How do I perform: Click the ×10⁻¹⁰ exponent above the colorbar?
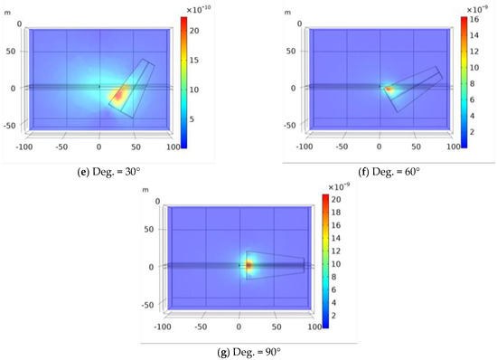pyautogui.click(x=198, y=9)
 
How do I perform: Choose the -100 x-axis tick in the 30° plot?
pyautogui.click(x=24, y=146)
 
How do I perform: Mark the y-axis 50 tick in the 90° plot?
pyautogui.click(x=146, y=229)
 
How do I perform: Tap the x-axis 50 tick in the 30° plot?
pyautogui.click(x=136, y=146)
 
